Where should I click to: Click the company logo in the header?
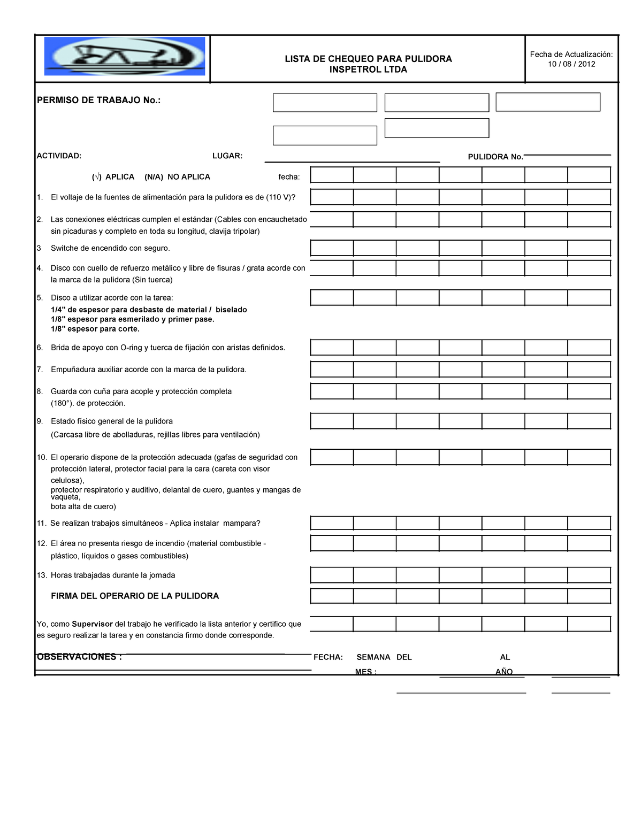click(x=124, y=56)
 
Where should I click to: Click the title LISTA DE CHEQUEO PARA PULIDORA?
click(x=368, y=59)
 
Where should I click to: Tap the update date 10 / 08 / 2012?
click(x=571, y=64)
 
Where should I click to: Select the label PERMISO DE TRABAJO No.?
click(x=98, y=100)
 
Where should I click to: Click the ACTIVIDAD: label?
click(x=59, y=156)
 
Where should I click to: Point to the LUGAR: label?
click(x=227, y=156)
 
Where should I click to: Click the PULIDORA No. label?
click(x=495, y=157)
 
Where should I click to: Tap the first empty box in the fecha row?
click(x=332, y=175)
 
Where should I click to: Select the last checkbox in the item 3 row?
click(x=589, y=248)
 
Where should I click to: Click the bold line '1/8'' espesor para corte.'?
click(x=95, y=329)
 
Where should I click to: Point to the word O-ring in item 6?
click(x=131, y=348)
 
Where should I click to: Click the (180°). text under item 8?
click(x=63, y=403)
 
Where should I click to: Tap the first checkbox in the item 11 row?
click(x=332, y=523)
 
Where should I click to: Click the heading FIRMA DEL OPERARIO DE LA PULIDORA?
click(x=135, y=596)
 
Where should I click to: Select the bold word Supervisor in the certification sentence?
click(x=92, y=624)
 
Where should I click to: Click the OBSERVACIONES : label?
click(x=79, y=657)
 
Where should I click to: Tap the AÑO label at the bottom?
click(x=504, y=672)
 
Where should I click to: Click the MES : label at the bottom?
click(x=366, y=672)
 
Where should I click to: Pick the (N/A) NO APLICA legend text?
click(x=177, y=177)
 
